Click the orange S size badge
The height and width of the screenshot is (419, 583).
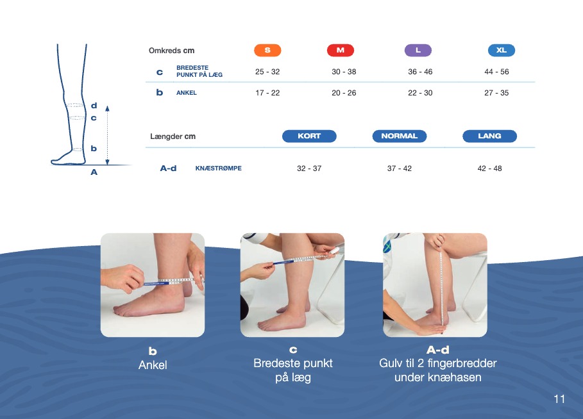pyautogui.click(x=267, y=50)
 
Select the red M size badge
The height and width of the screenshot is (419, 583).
pyautogui.click(x=340, y=50)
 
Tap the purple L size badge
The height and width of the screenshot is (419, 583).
pyautogui.click(x=418, y=50)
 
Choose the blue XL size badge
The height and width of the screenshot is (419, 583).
pyautogui.click(x=501, y=50)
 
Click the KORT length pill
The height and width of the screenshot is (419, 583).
pyautogui.click(x=309, y=136)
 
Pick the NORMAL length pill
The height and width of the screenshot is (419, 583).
pyautogui.click(x=400, y=136)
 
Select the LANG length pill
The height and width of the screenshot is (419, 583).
pyautogui.click(x=489, y=136)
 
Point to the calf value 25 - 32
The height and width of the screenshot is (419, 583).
pyautogui.click(x=267, y=72)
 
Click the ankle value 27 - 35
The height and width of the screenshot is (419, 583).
pyautogui.click(x=496, y=93)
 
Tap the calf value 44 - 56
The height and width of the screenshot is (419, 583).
pyautogui.click(x=496, y=72)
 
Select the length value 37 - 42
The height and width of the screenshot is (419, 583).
pyautogui.click(x=400, y=168)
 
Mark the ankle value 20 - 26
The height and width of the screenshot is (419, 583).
pyautogui.click(x=344, y=93)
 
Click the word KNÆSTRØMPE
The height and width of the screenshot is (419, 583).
pyautogui.click(x=218, y=168)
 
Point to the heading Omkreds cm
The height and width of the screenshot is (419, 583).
pyautogui.click(x=171, y=51)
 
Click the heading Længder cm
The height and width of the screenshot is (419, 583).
pyautogui.click(x=173, y=136)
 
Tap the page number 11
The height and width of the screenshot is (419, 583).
pyautogui.click(x=559, y=399)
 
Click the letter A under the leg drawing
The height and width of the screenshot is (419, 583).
pyautogui.click(x=94, y=172)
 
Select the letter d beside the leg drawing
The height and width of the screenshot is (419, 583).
pyautogui.click(x=94, y=106)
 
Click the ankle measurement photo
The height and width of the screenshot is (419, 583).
pyautogui.click(x=153, y=285)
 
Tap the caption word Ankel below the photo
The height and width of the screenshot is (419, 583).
pyautogui.click(x=153, y=365)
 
